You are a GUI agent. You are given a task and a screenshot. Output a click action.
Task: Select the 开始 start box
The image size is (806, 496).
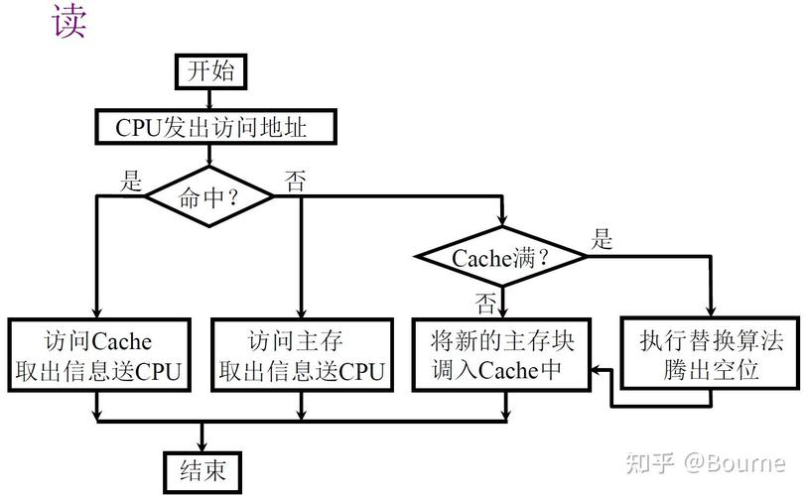tap(209, 71)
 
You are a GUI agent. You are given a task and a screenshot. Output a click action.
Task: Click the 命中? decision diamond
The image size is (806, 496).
tap(209, 195)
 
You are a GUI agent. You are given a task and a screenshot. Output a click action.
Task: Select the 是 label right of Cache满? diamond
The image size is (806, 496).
tap(603, 239)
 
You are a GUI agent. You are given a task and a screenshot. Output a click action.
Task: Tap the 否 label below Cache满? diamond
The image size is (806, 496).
tap(485, 299)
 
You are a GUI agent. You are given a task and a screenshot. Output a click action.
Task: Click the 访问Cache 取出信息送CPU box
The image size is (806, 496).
tap(97, 356)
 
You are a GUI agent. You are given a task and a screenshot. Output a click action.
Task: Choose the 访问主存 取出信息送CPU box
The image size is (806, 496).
tap(301, 356)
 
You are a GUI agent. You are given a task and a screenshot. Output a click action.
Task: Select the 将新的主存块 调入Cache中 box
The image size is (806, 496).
tap(502, 356)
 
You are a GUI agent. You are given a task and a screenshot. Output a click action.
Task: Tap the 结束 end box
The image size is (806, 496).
tap(202, 468)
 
